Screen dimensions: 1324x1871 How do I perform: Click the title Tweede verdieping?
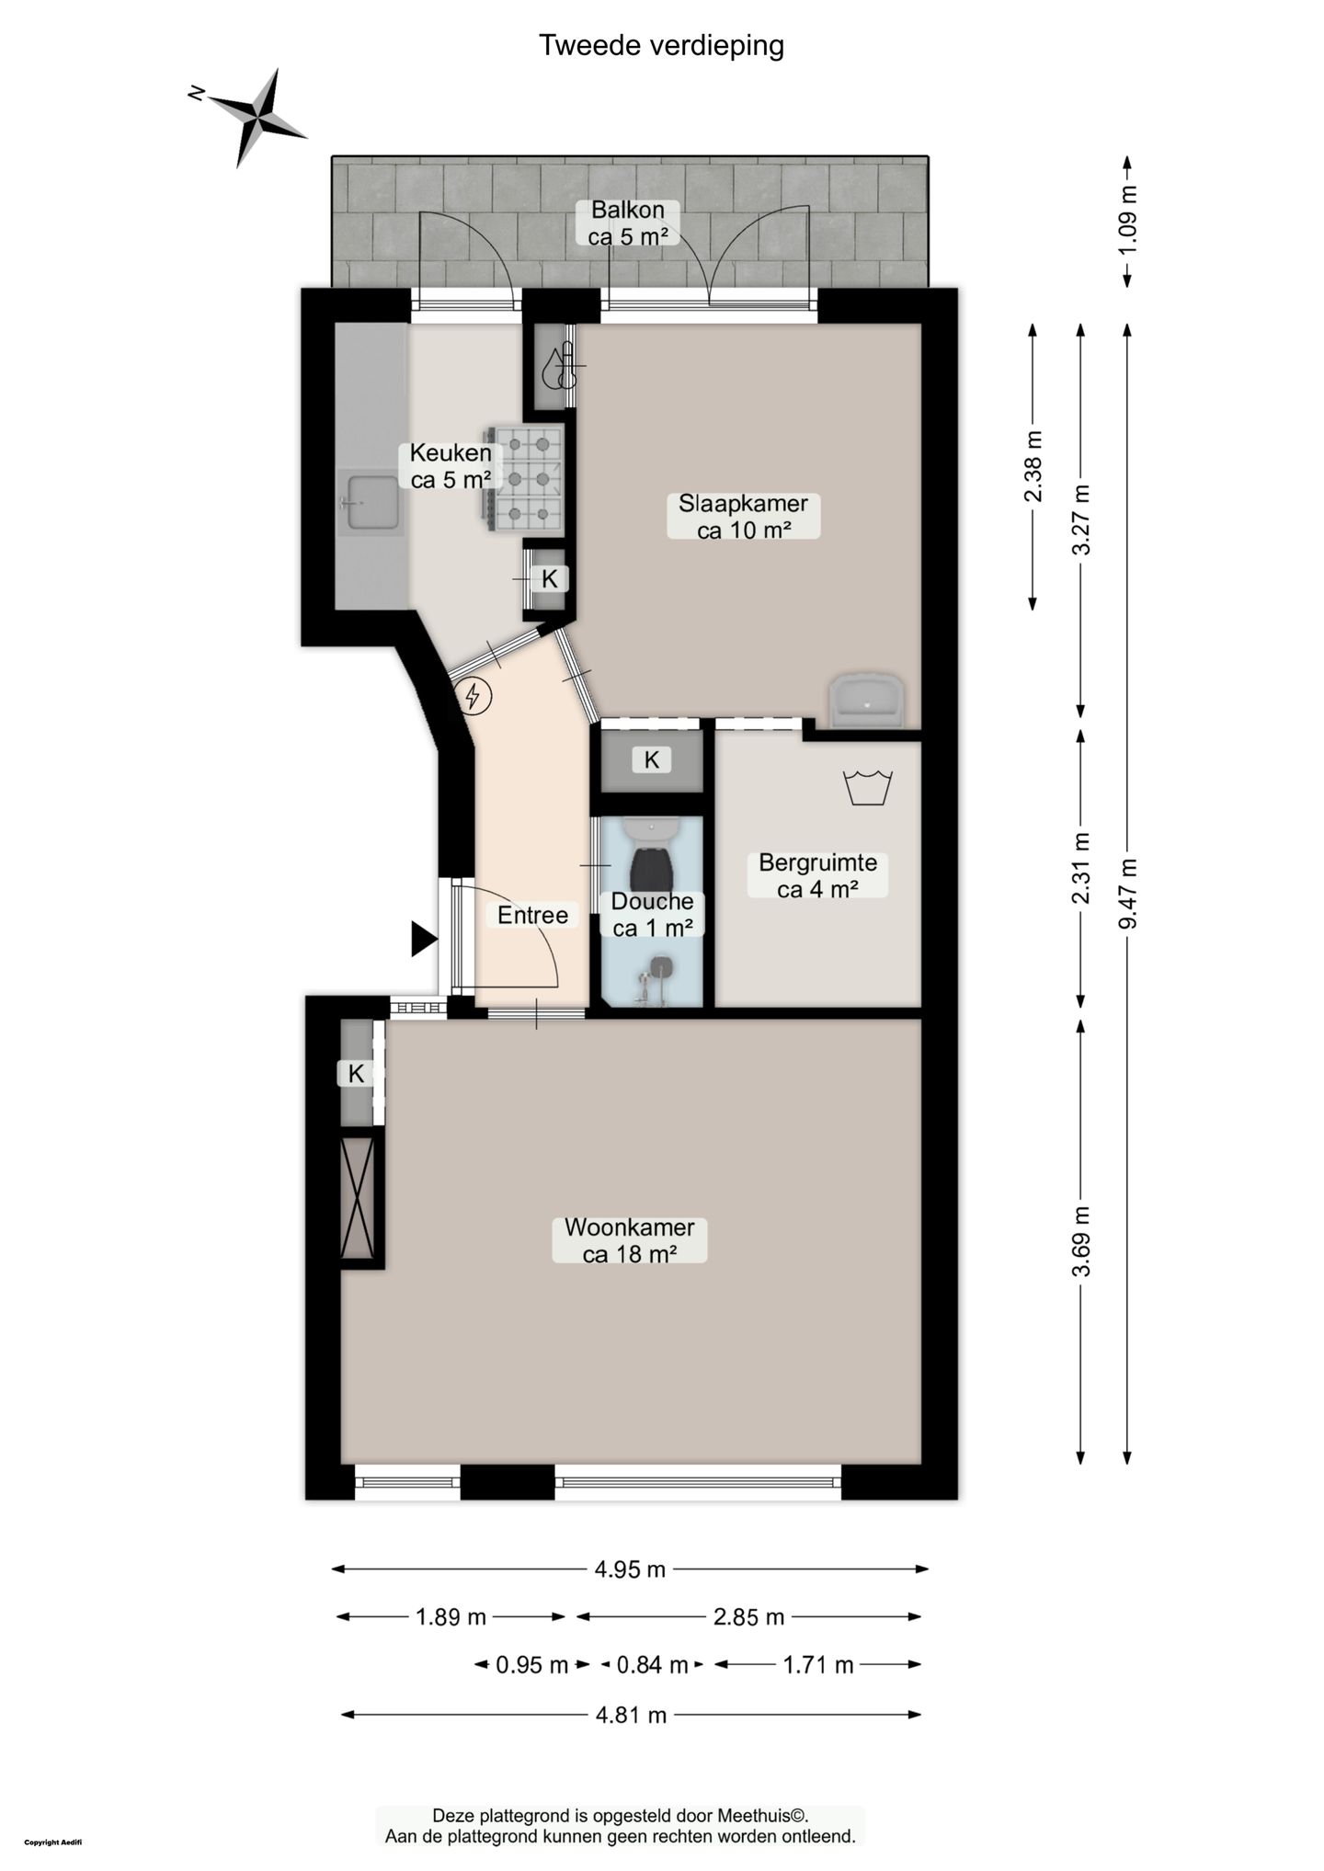[x=661, y=45]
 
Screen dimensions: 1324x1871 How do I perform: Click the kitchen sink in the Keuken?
[x=371, y=502]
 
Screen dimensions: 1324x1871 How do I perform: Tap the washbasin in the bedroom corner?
[x=867, y=701]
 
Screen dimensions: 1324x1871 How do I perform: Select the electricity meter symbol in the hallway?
[x=474, y=696]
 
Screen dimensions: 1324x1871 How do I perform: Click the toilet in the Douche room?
[x=650, y=852]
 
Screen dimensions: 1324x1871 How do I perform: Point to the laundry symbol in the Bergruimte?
[x=868, y=787]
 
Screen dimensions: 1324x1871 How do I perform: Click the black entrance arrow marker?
[x=423, y=939]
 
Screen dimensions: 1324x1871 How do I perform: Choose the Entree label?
[x=532, y=915]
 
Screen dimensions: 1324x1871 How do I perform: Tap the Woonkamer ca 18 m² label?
[x=630, y=1240]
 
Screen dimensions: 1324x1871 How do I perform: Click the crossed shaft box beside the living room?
[x=357, y=1198]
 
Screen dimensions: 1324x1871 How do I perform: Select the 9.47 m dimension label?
[x=1128, y=894]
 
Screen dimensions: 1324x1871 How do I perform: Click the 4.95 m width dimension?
[x=630, y=1569]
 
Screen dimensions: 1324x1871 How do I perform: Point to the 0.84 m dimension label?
[x=652, y=1665]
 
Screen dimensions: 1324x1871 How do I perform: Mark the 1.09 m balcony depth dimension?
[x=1128, y=221]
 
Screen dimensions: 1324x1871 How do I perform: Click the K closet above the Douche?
[x=652, y=760]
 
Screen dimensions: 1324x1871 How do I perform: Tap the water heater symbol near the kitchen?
[x=560, y=367]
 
